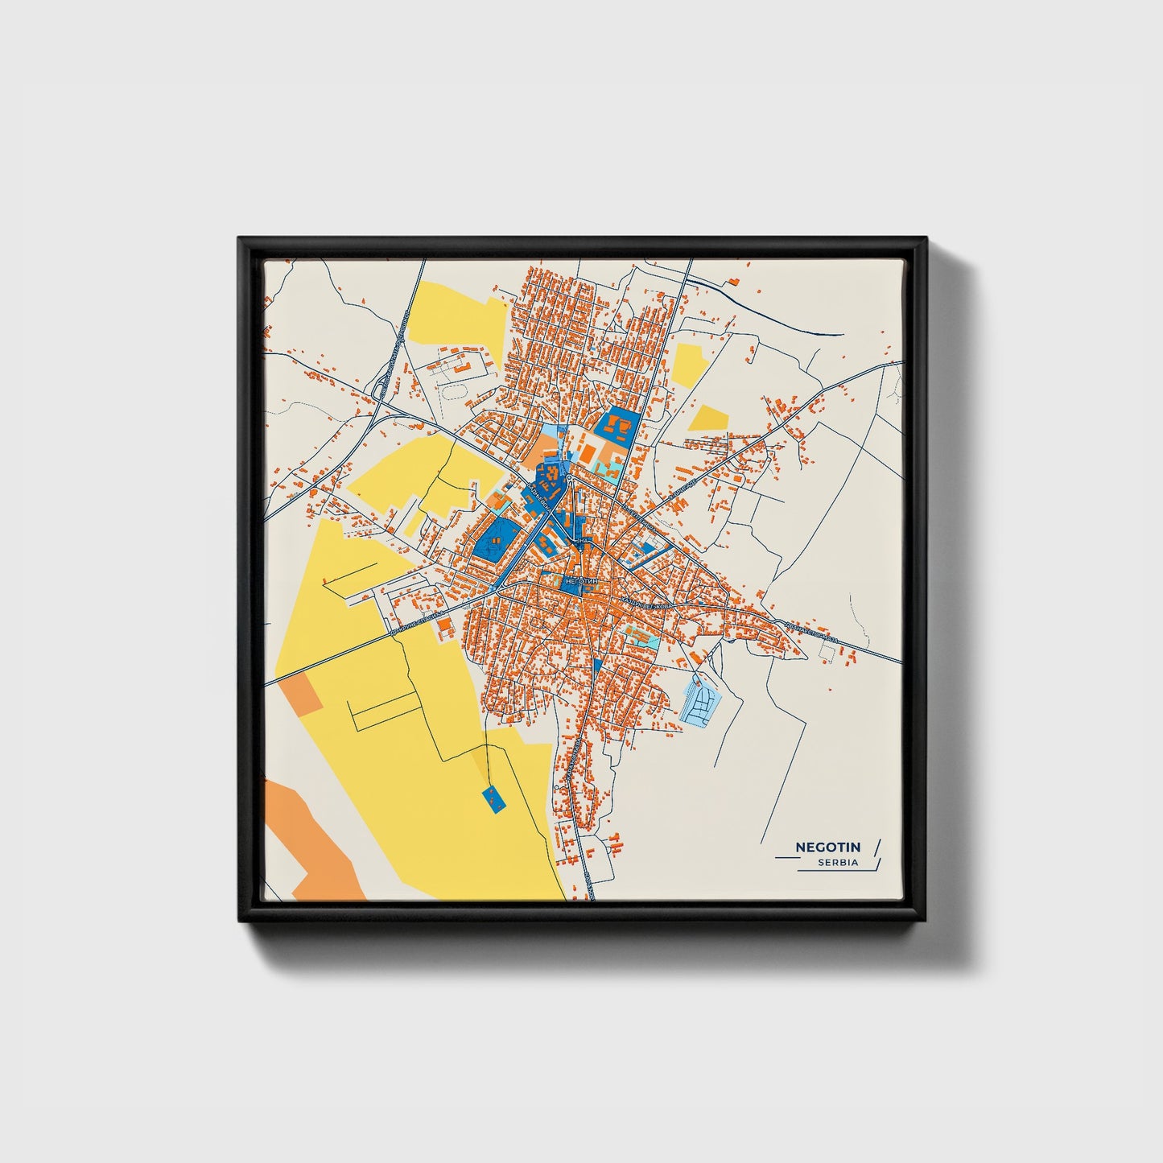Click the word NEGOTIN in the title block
tap(827, 847)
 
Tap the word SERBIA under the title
tap(837, 862)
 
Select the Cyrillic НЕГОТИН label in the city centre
tap(582, 580)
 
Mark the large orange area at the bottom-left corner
tap(310, 845)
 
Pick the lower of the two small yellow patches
tap(709, 417)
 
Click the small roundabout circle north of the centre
tap(569, 479)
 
